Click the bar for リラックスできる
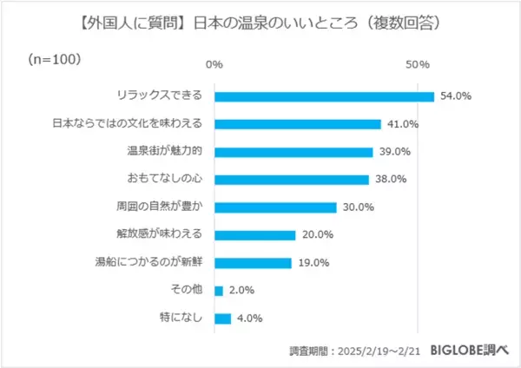tap(323, 96)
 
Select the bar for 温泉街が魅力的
tap(293, 152)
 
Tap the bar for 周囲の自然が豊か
tap(274, 207)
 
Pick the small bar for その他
tap(218, 291)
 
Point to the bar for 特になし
tap(222, 319)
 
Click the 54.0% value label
tap(456, 96)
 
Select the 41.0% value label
tap(403, 124)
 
